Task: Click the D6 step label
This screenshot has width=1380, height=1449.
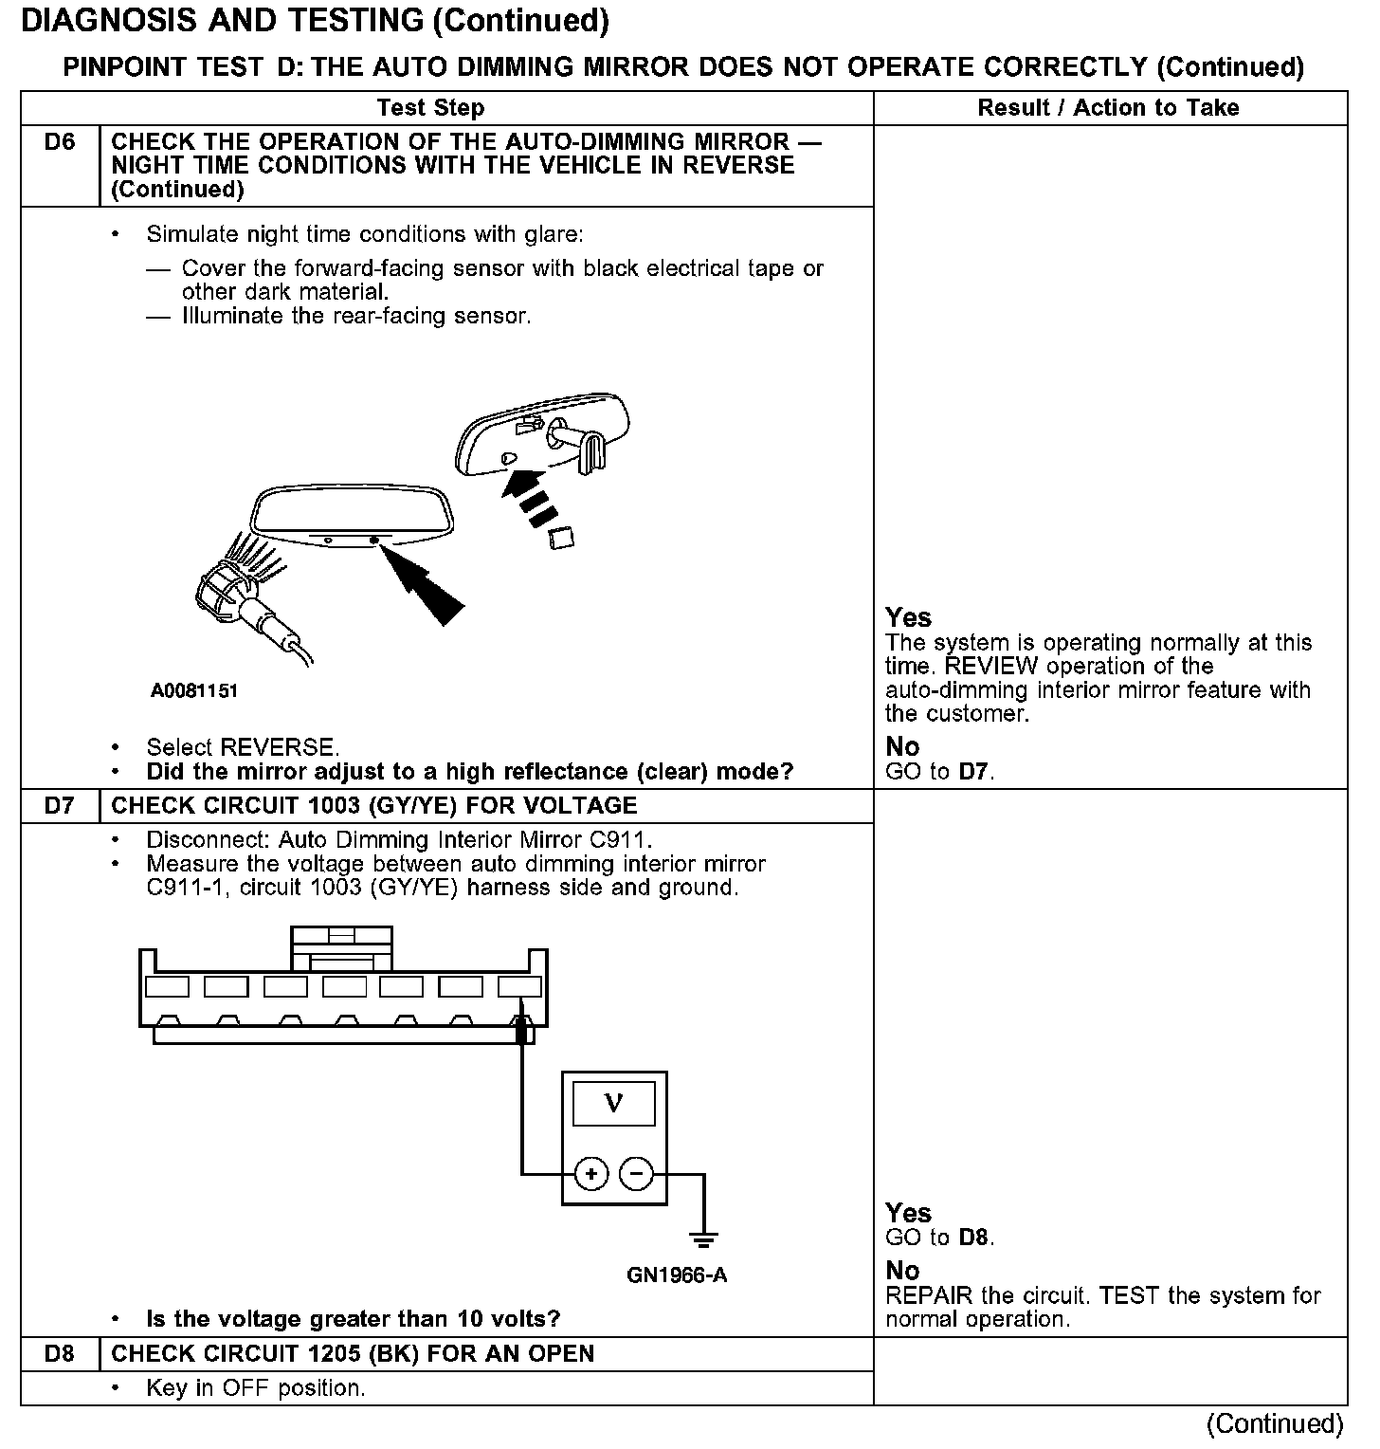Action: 59,142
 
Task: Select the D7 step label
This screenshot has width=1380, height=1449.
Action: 59,806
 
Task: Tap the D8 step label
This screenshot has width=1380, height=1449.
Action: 59,1353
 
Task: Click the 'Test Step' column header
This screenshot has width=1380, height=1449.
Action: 430,108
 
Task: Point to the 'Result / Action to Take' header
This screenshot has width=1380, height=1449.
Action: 1108,108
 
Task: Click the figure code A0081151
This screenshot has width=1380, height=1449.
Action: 194,691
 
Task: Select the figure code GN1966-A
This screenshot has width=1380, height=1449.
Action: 677,1275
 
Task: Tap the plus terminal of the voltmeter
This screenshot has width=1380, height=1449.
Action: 591,1174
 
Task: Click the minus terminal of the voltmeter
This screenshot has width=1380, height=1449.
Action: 636,1174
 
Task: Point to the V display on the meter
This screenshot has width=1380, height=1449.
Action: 614,1104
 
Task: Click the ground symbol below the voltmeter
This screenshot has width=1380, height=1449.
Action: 703,1238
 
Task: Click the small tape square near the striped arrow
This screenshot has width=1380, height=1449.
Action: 561,539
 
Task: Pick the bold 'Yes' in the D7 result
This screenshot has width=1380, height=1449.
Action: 908,1213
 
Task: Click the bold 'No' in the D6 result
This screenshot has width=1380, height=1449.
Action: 902,746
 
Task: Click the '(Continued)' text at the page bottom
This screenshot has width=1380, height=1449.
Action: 1274,1423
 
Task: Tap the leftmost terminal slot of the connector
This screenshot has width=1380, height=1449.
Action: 167,987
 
